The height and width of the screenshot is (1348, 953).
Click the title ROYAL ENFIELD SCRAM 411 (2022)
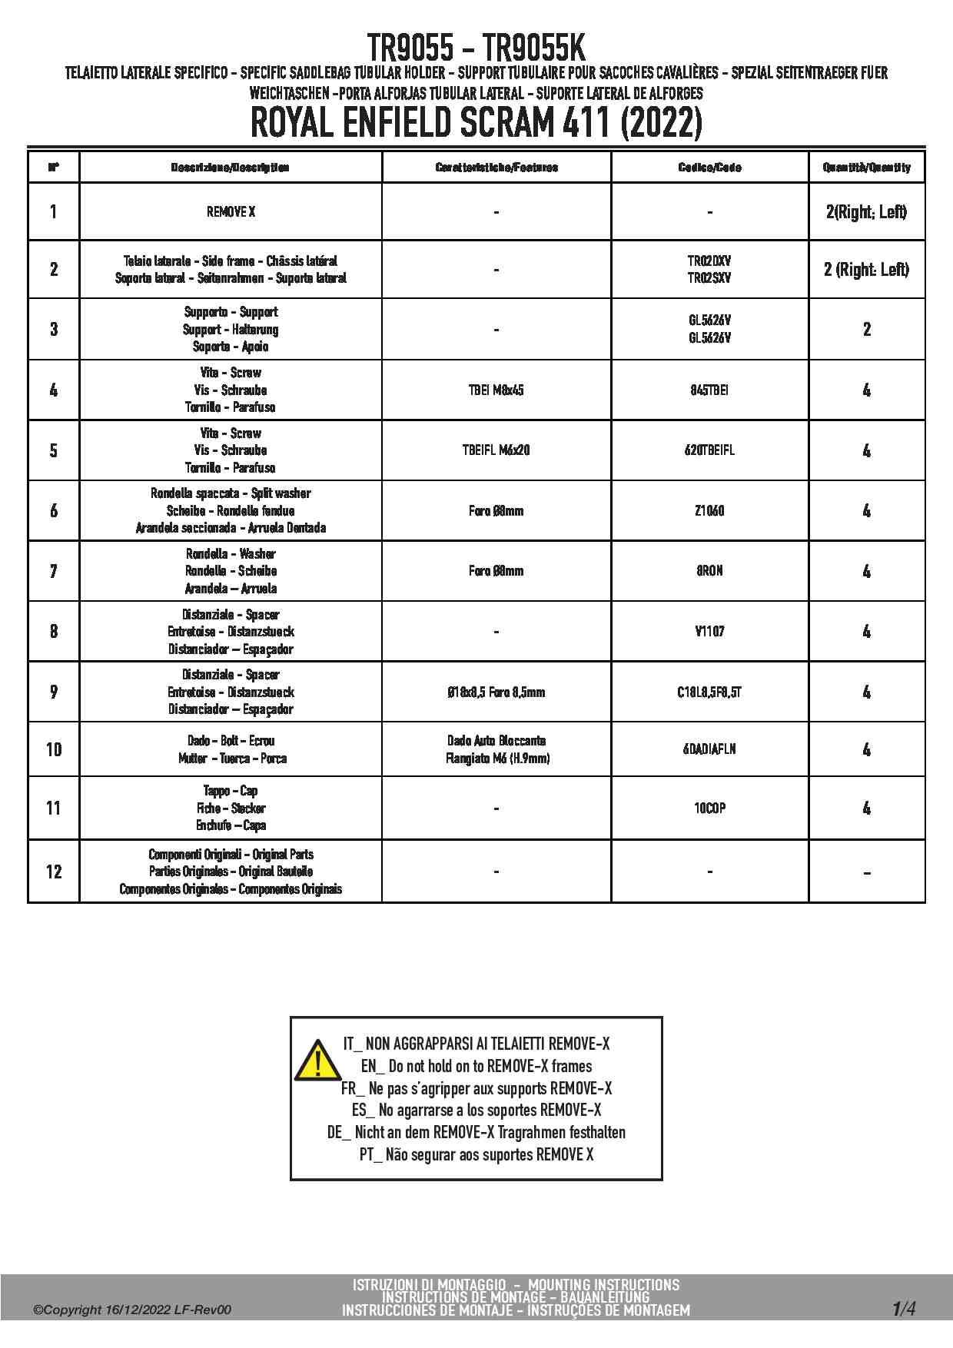click(x=476, y=123)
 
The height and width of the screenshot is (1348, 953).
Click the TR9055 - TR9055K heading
click(x=476, y=48)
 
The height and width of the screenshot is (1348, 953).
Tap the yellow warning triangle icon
click(x=316, y=1061)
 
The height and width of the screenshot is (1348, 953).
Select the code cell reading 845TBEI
click(x=709, y=390)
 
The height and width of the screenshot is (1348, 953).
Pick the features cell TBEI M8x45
click(x=496, y=390)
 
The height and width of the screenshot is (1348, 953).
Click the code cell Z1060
click(x=709, y=511)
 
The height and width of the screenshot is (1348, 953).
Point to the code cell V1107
click(x=709, y=632)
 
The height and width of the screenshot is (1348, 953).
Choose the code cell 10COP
click(x=709, y=808)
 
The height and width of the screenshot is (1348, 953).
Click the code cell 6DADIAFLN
click(x=709, y=749)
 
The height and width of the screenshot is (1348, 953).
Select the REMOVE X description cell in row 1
click(x=231, y=212)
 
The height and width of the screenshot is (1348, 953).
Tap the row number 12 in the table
click(x=54, y=872)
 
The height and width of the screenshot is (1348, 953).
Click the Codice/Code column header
click(x=709, y=168)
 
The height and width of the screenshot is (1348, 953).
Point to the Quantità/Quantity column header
click(x=866, y=168)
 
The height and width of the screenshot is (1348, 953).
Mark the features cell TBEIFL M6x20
click(x=496, y=450)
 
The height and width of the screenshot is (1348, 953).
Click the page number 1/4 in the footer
click(x=904, y=1308)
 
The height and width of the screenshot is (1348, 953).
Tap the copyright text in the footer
click(x=131, y=1310)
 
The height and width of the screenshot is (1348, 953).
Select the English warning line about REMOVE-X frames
click(x=476, y=1067)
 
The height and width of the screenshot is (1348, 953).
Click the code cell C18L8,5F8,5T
click(x=709, y=692)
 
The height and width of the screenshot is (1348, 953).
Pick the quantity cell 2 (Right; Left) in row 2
click(x=866, y=270)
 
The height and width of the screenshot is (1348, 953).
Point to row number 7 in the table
click(x=54, y=571)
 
